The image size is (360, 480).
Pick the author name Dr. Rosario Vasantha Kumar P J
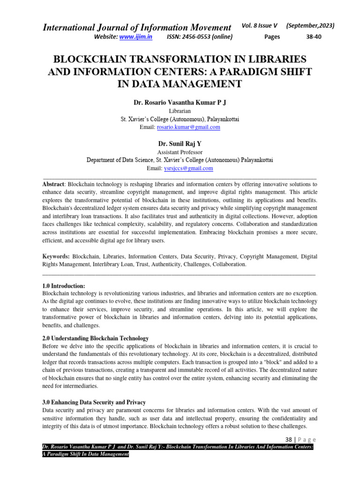click(180, 102)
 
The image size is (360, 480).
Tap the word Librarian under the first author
click(180, 112)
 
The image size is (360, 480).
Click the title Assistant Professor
click(180, 152)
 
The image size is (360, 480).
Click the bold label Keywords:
click(56, 257)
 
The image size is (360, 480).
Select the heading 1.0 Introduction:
click(64, 285)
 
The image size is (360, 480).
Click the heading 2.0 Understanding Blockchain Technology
click(96, 338)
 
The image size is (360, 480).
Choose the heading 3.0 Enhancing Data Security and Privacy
click(94, 402)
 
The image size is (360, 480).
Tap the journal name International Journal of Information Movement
click(137, 28)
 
